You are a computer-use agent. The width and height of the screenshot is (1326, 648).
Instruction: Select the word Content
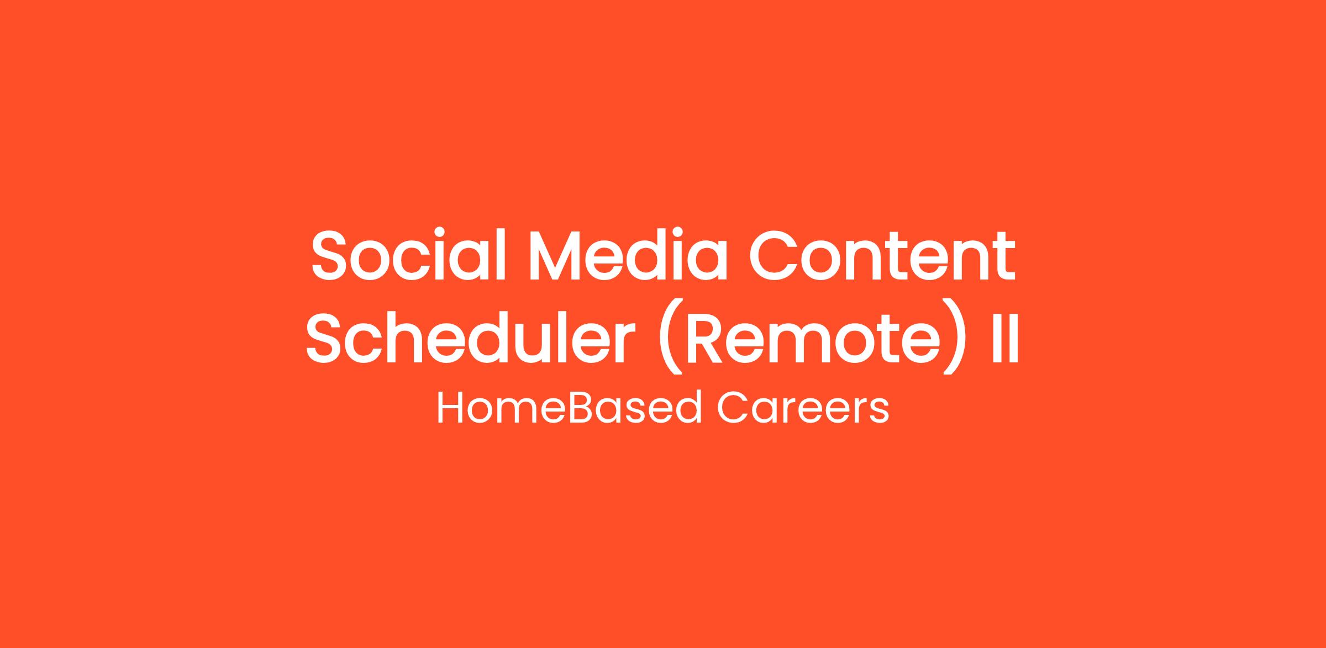(882, 256)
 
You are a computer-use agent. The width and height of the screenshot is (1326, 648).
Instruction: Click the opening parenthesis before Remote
(667, 337)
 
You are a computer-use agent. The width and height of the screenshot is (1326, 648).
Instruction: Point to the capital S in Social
(329, 256)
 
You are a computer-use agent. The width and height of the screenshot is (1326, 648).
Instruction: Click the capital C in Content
(773, 256)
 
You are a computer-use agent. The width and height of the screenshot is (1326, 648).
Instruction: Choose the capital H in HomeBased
(450, 408)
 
